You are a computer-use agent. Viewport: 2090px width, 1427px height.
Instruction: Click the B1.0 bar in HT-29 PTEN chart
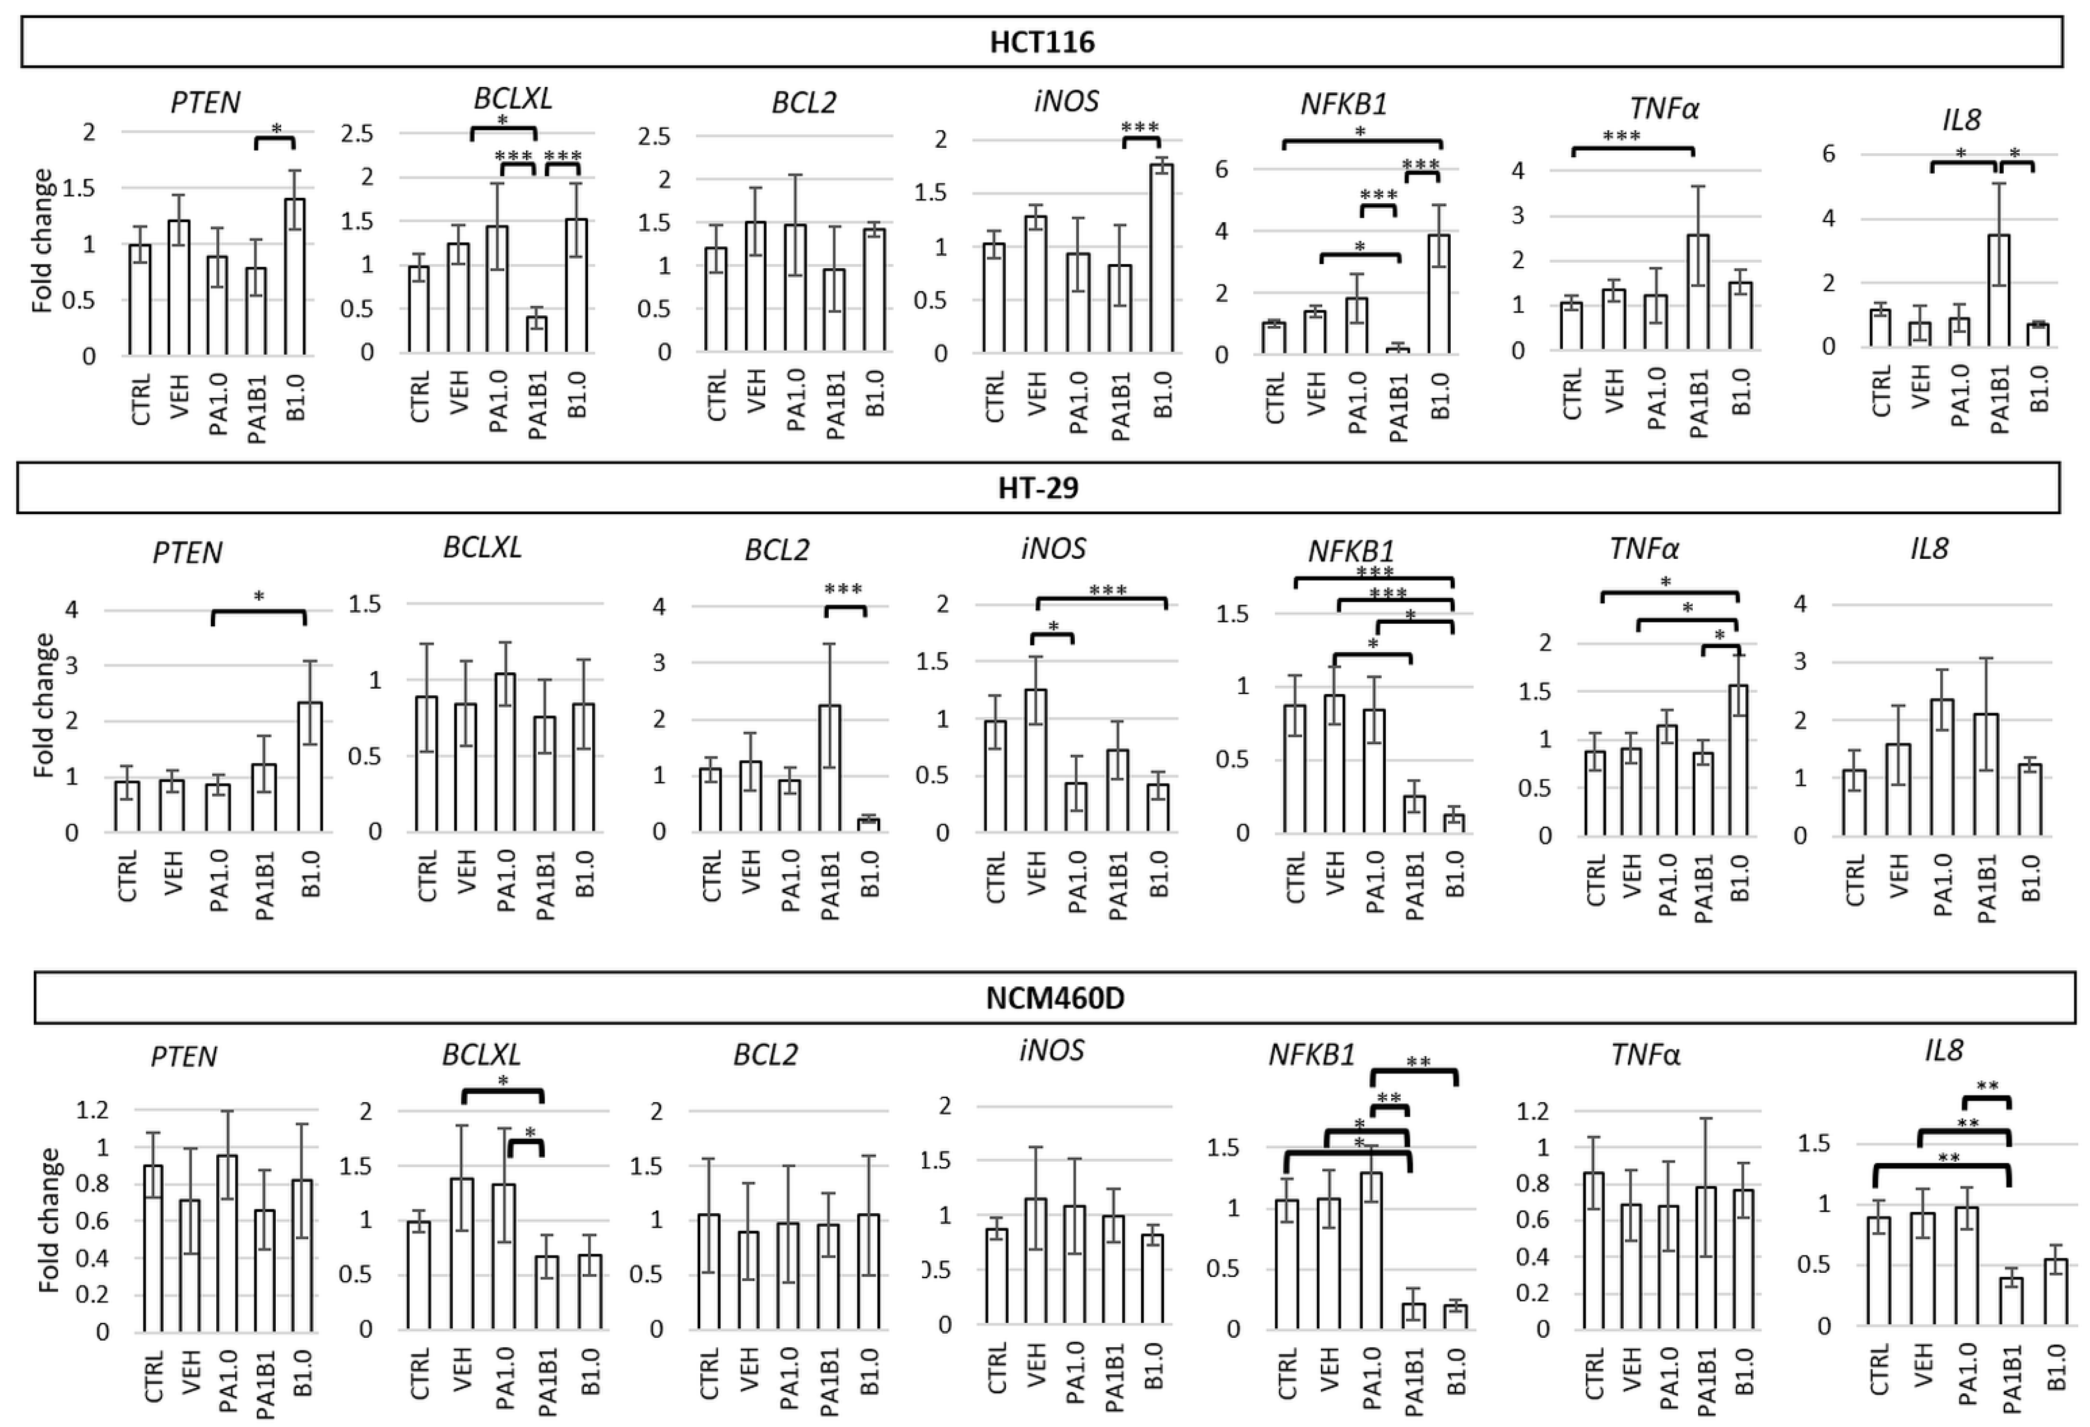pos(310,767)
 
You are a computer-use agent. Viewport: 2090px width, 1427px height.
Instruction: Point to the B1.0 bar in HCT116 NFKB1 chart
pos(1440,294)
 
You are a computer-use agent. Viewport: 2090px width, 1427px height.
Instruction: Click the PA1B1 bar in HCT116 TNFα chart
pos(1697,292)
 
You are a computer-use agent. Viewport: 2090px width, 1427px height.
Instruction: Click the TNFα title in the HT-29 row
pos(1645,548)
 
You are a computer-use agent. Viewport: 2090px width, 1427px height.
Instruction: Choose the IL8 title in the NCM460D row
pos(1943,1050)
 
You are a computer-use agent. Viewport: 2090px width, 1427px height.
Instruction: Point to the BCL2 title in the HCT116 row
pos(804,103)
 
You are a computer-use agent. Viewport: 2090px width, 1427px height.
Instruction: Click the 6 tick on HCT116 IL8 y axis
pos(1828,154)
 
